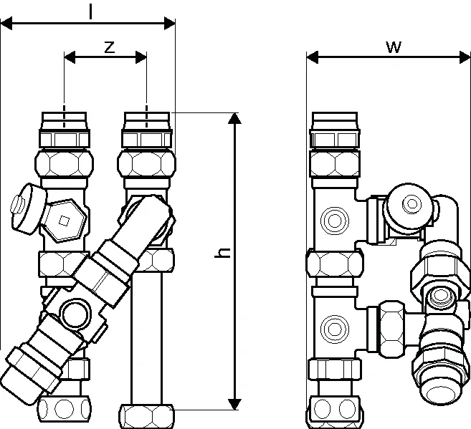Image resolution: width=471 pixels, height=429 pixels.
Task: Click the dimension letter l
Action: click(90, 12)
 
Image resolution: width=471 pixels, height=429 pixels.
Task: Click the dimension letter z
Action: click(110, 47)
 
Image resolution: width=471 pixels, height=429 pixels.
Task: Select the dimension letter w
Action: click(394, 47)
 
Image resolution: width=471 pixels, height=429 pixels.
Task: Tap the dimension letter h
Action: click(222, 253)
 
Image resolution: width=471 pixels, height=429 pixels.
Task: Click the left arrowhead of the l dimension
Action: click(6, 24)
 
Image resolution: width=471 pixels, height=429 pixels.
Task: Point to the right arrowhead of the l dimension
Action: click(169, 24)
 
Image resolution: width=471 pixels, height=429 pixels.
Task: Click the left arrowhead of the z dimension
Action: click(70, 57)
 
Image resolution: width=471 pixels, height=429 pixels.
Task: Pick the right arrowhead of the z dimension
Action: click(141, 57)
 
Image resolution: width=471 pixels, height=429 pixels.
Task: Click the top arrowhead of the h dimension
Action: click(234, 118)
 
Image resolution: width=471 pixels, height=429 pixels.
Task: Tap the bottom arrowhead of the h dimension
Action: click(234, 404)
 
